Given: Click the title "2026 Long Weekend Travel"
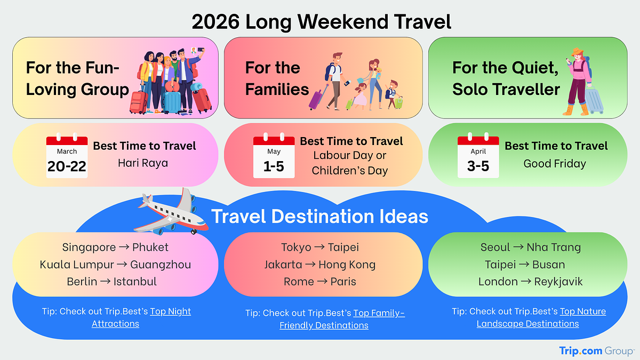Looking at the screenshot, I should point(321,22).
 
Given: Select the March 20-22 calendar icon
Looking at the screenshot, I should point(67,156).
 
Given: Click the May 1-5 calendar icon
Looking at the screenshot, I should point(274,156).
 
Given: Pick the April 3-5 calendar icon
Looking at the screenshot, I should point(478,156).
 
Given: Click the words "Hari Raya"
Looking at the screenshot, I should point(143,163).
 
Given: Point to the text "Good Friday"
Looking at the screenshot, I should point(555,164).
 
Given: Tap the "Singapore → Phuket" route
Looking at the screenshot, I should point(115,247).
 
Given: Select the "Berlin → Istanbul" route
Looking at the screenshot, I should point(112,282).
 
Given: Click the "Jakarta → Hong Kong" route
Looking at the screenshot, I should point(320,265).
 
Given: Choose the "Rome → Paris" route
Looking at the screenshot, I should point(320,282).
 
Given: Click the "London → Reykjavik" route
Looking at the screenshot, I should point(531,282).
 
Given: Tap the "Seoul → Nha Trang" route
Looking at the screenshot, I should point(531,247).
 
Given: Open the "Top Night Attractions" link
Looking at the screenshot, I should point(144,317).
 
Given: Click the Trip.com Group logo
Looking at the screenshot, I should point(596,350).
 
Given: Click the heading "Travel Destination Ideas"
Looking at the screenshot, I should point(320,217).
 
